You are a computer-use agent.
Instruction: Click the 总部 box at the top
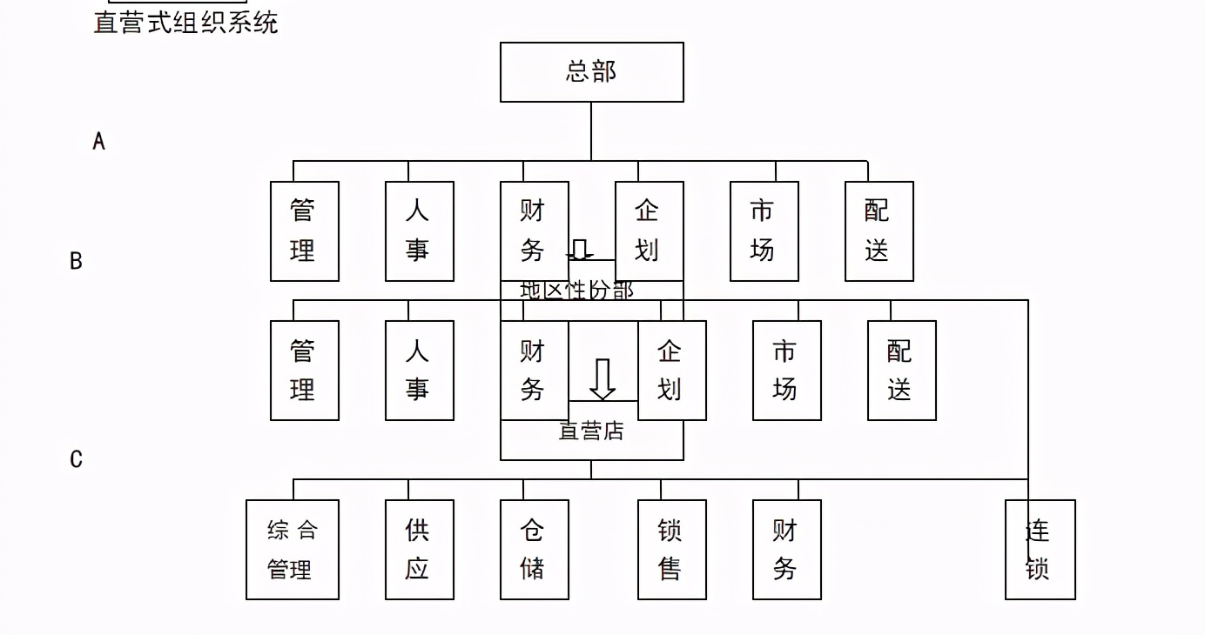click(x=591, y=71)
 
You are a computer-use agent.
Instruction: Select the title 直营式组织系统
click(x=185, y=22)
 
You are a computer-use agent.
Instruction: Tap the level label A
click(x=98, y=141)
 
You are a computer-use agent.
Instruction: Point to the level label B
click(x=76, y=260)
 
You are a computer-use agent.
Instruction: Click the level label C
click(x=76, y=458)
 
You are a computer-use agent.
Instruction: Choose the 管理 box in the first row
click(x=304, y=231)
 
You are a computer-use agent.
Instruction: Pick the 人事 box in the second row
click(x=419, y=370)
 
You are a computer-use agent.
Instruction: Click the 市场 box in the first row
click(x=764, y=231)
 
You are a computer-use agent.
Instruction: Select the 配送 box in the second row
click(x=901, y=370)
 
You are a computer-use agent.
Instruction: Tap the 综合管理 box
click(x=292, y=549)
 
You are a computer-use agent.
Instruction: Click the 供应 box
click(x=419, y=549)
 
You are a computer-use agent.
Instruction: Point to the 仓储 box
click(x=534, y=549)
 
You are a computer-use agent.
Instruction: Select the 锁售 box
click(x=671, y=549)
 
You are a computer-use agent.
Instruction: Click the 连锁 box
click(x=1040, y=549)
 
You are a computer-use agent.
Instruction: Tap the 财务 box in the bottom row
click(x=786, y=549)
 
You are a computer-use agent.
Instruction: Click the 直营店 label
click(x=591, y=431)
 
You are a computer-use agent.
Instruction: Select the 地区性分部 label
click(x=577, y=290)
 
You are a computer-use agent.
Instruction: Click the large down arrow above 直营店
click(x=602, y=378)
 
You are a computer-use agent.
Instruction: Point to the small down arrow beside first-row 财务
click(x=579, y=250)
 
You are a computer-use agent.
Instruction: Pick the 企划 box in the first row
click(x=649, y=231)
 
